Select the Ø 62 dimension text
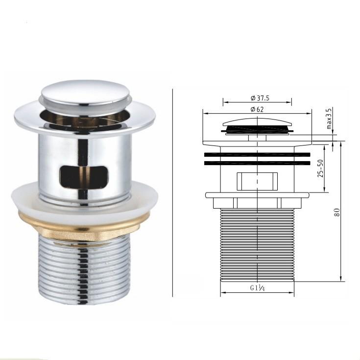[257, 109]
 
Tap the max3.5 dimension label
[329, 119]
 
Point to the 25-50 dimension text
[321, 169]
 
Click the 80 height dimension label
[337, 212]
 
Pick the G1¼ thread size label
[257, 288]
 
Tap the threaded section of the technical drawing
[257, 245]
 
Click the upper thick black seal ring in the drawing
[257, 154]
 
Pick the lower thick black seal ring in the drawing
[257, 162]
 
